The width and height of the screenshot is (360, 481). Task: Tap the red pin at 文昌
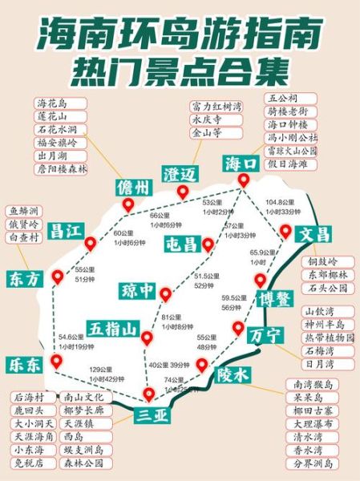point(285,231)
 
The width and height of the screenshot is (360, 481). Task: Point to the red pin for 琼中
point(165,294)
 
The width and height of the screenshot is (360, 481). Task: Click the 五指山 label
point(114,328)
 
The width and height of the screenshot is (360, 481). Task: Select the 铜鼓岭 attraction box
point(324,261)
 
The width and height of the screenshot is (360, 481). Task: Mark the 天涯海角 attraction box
point(34,436)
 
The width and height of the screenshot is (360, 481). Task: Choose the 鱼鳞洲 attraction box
point(27,212)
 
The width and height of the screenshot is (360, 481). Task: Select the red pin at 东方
point(57,277)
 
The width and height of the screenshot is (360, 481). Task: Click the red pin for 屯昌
point(208,244)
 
